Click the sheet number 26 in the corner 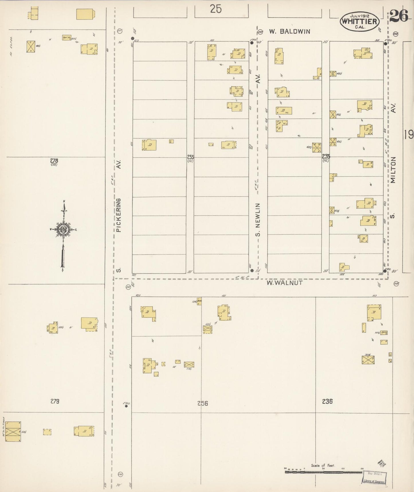pyautogui.click(x=399, y=16)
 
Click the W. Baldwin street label pyautogui.click(x=289, y=32)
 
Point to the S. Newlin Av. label pyautogui.click(x=258, y=220)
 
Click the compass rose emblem pyautogui.click(x=63, y=230)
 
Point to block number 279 pyautogui.click(x=54, y=401)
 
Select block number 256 pyautogui.click(x=202, y=403)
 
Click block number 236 pyautogui.click(x=327, y=402)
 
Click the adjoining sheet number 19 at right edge pyautogui.click(x=409, y=134)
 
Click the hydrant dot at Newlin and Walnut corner pyautogui.click(x=252, y=270)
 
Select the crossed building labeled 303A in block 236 pyautogui.click(x=368, y=360)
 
